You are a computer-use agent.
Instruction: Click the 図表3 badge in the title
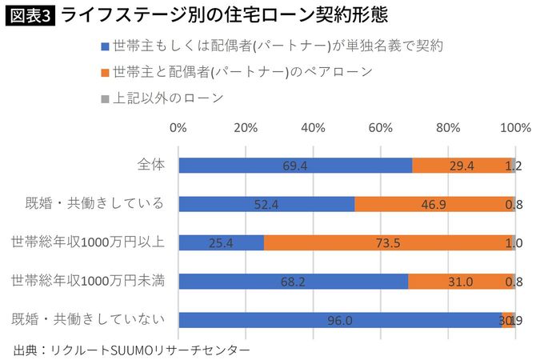tap(30, 17)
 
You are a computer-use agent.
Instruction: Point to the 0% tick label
tap(178, 127)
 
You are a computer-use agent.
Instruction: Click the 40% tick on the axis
tap(313, 127)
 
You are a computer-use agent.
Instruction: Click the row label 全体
tap(151, 165)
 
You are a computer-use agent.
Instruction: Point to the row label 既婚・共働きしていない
tap(89, 319)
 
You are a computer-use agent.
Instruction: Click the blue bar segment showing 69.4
tap(295, 166)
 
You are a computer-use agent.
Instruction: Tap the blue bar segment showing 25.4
tap(221, 242)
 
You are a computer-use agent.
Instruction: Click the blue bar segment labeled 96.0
tap(339, 320)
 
